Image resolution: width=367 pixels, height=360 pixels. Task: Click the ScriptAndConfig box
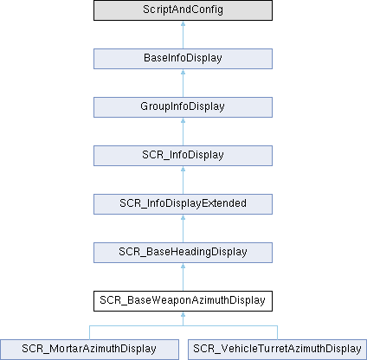pyautogui.click(x=183, y=10)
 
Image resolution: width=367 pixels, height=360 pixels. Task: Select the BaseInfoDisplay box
pyautogui.click(x=183, y=59)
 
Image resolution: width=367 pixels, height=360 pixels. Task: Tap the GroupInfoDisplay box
pyautogui.click(x=183, y=107)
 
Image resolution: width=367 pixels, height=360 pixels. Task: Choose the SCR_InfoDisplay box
pyautogui.click(x=183, y=156)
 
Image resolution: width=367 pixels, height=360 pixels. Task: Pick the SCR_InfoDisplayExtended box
pyautogui.click(x=183, y=204)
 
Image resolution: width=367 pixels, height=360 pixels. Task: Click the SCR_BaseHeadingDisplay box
pyautogui.click(x=183, y=253)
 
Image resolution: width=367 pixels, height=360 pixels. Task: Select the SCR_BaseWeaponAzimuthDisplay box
pyautogui.click(x=183, y=301)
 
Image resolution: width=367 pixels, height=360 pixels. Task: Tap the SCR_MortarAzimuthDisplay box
pyautogui.click(x=89, y=350)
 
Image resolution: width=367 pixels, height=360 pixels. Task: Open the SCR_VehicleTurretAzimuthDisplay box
pyautogui.click(x=278, y=350)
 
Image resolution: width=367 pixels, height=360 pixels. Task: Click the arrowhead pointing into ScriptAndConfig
pyautogui.click(x=183, y=23)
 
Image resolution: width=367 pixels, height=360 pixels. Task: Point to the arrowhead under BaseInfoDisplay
pyautogui.click(x=183, y=72)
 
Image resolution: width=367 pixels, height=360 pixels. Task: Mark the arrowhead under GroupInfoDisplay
pyautogui.click(x=183, y=120)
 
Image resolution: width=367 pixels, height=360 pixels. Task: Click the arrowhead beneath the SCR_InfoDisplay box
pyautogui.click(x=183, y=169)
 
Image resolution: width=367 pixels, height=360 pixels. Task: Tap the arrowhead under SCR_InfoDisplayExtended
pyautogui.click(x=183, y=217)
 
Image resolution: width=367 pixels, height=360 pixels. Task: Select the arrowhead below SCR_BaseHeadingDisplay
pyautogui.click(x=183, y=266)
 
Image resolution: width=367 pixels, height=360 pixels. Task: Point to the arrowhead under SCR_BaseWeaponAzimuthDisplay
pyautogui.click(x=183, y=314)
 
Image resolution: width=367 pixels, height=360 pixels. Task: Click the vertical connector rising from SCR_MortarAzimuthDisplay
pyautogui.click(x=89, y=332)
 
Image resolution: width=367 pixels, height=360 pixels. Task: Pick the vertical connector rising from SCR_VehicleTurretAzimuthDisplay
pyautogui.click(x=278, y=332)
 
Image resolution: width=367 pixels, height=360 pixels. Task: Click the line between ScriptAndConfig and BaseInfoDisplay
pyautogui.click(x=183, y=35)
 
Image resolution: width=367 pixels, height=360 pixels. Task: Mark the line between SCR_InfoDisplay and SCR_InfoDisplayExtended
pyautogui.click(x=183, y=180)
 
